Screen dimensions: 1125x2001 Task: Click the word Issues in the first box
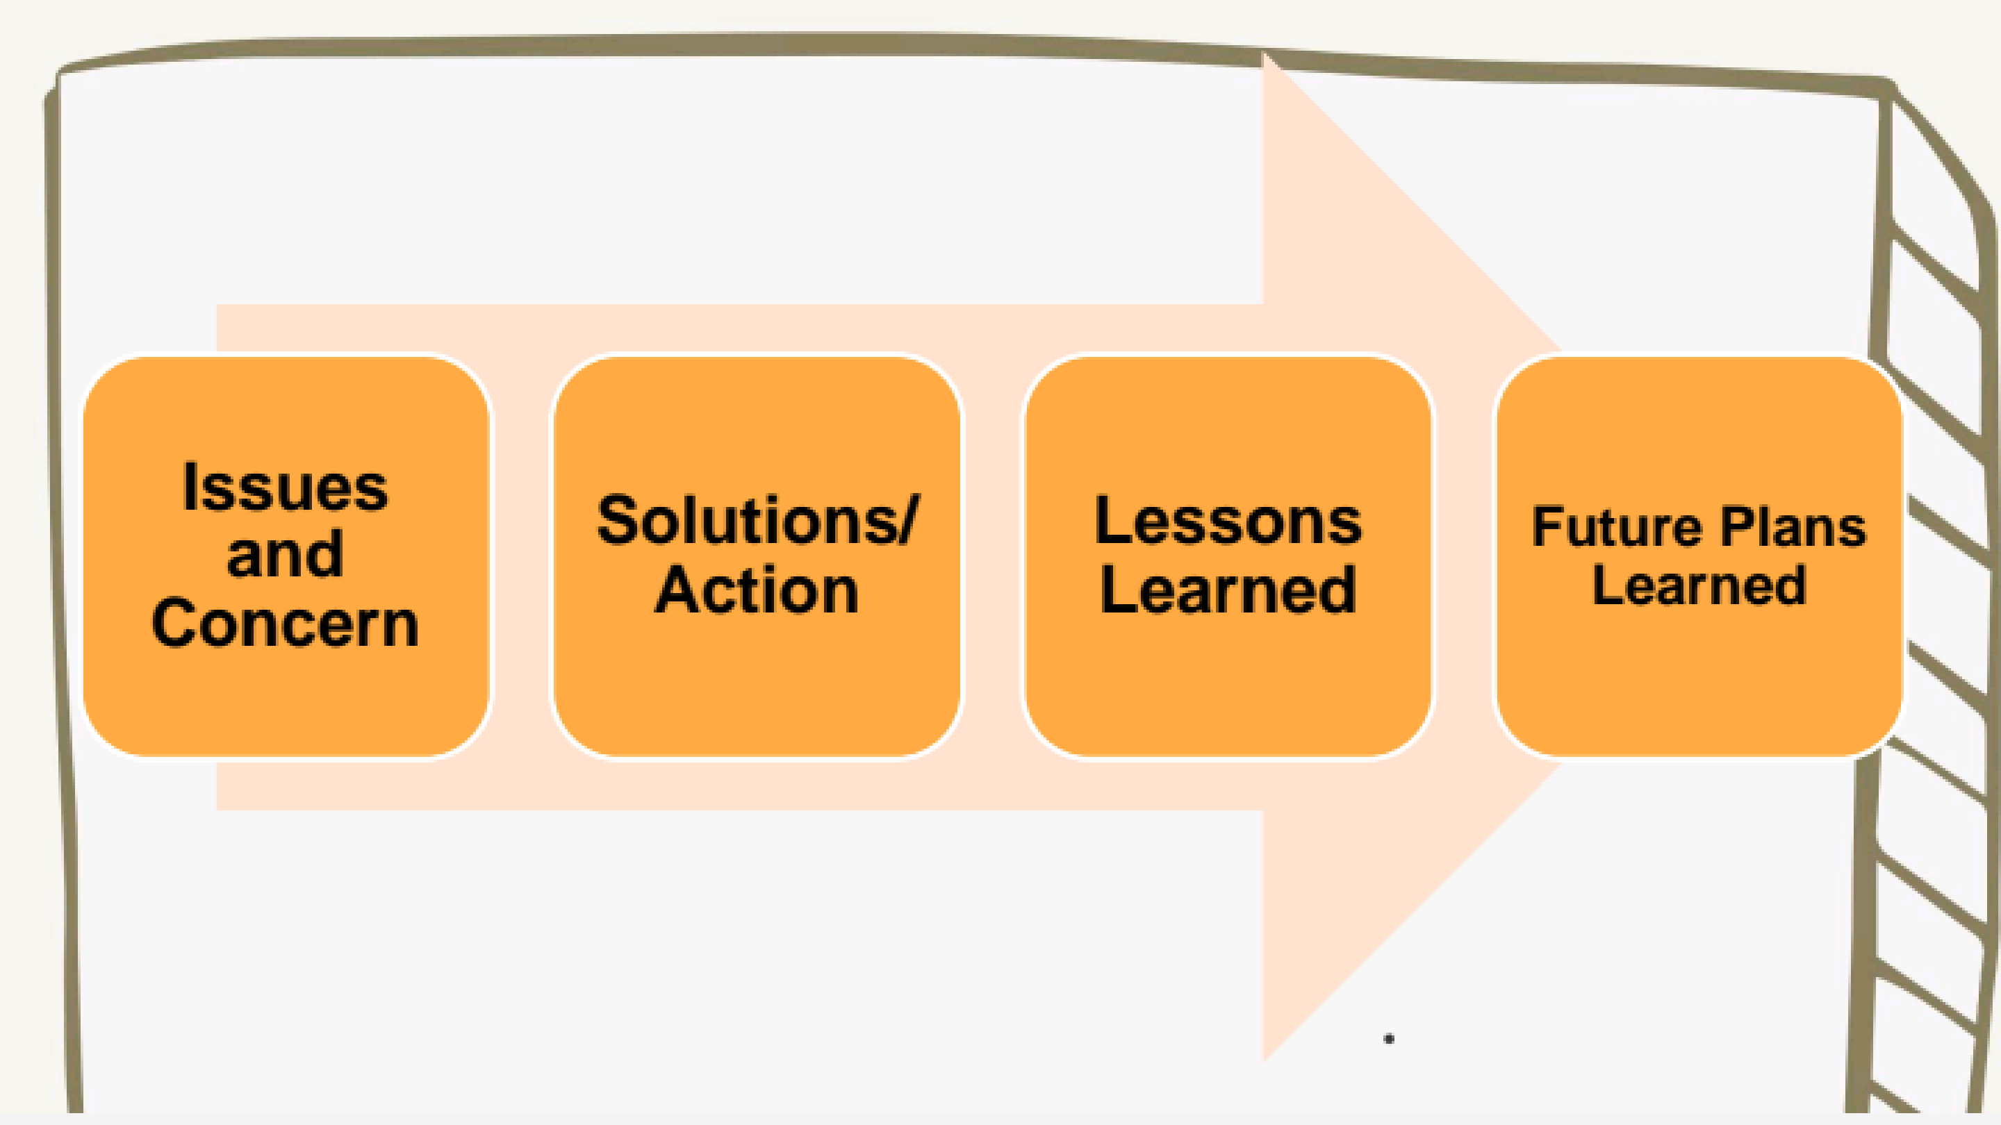pos(285,487)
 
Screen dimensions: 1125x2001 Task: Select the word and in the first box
pos(285,554)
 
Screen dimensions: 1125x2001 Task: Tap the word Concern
pos(285,623)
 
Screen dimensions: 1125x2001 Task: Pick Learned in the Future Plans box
pos(1699,585)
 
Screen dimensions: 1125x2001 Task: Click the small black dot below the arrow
pos(1389,1039)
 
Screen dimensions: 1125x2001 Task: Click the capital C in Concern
pos(176,623)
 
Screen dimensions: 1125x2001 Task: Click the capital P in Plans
pos(1738,526)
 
